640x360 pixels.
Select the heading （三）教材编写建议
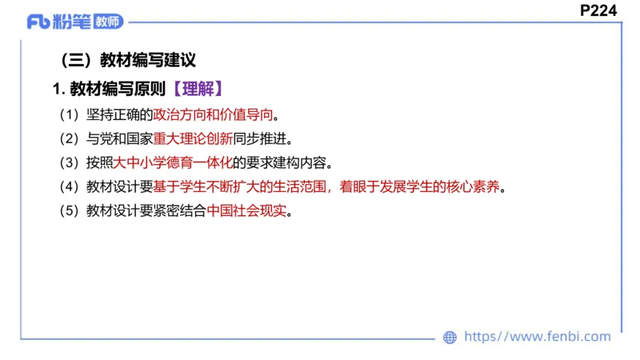[x=128, y=60]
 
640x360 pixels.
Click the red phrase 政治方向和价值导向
[x=214, y=114]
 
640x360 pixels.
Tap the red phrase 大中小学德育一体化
[x=173, y=163]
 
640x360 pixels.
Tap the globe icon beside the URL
[x=450, y=338]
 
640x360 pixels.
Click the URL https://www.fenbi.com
[x=537, y=337]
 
